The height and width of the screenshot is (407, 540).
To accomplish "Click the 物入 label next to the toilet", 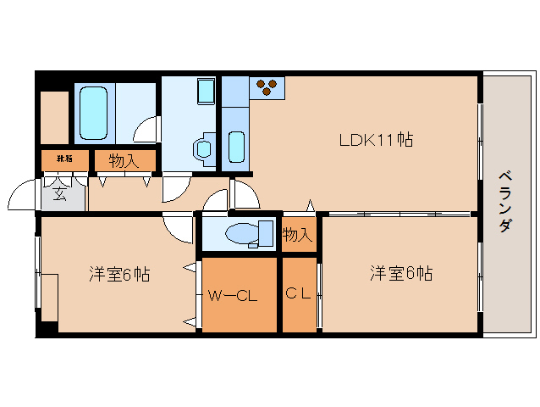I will [296, 234].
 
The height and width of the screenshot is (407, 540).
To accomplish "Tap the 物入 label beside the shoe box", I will [124, 159].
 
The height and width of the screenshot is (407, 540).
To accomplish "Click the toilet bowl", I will [240, 232].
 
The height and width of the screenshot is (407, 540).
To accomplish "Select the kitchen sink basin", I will [236, 146].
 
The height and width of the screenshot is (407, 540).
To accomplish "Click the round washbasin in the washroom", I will [204, 148].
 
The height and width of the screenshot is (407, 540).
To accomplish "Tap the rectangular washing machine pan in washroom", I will [206, 92].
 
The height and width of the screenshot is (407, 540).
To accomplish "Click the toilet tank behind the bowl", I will [266, 232].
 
